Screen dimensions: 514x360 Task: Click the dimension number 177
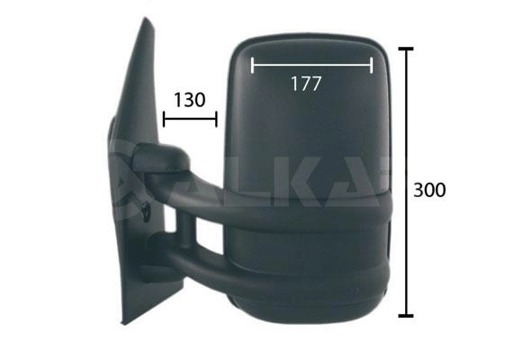305,84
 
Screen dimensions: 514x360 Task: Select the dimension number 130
189,100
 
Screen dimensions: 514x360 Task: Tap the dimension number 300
429,190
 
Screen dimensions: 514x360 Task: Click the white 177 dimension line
312,65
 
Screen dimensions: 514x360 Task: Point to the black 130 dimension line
190,119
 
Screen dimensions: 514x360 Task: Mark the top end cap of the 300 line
406,49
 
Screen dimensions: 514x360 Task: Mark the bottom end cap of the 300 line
406,316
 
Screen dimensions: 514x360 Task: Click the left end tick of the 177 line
252,65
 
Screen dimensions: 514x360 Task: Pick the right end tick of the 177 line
372,65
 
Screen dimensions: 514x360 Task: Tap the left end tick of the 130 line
164,119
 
